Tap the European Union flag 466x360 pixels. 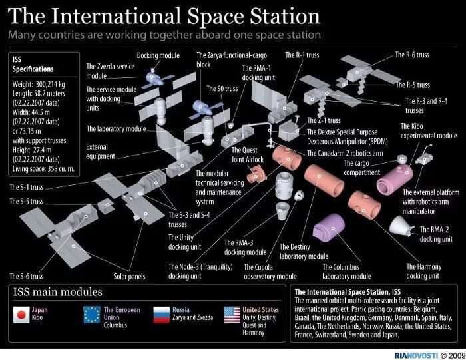(x=91, y=314)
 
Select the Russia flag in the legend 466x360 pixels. (x=162, y=314)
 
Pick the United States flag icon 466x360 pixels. (x=232, y=314)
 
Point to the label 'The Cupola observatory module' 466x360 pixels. (x=270, y=271)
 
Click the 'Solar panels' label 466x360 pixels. (x=129, y=276)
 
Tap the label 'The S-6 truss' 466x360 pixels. (x=27, y=275)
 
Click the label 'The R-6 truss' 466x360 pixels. (x=412, y=55)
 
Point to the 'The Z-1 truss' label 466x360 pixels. (x=324, y=121)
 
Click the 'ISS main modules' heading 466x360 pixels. (x=58, y=292)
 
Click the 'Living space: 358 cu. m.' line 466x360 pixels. (x=43, y=170)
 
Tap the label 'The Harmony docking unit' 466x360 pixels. (x=423, y=271)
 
